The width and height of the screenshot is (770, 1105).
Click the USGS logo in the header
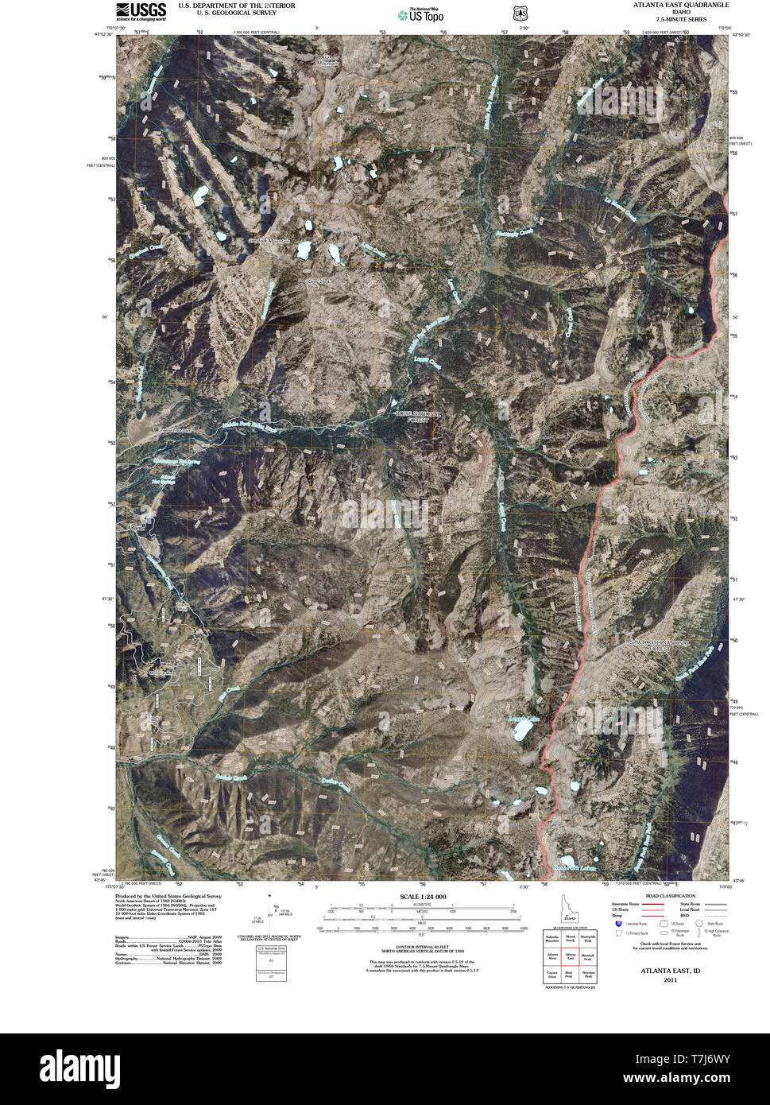(x=141, y=10)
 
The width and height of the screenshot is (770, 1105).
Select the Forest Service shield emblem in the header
(x=520, y=14)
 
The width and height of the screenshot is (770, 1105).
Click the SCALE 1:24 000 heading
(x=423, y=897)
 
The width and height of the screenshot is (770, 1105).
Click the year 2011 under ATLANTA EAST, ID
(x=671, y=980)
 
